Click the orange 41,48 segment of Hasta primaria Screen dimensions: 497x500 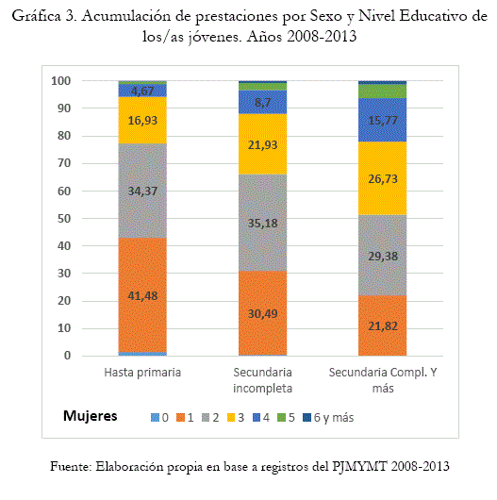(x=142, y=295)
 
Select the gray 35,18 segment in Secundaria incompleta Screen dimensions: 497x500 (x=263, y=223)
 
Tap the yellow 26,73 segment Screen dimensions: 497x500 (x=383, y=178)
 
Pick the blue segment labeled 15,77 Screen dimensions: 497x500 (x=383, y=120)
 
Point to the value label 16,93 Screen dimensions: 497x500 (x=142, y=120)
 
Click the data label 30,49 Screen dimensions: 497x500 (x=263, y=314)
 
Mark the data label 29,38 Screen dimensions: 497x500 (x=383, y=256)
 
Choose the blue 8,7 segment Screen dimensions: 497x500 (x=263, y=102)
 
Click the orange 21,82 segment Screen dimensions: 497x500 (x=383, y=325)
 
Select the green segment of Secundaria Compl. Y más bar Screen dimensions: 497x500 (x=383, y=92)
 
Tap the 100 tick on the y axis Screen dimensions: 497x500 (x=61, y=81)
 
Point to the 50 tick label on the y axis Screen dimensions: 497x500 (x=64, y=219)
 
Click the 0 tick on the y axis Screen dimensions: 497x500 (x=67, y=356)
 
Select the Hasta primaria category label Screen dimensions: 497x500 (x=142, y=372)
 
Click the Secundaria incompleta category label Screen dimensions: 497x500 (x=263, y=380)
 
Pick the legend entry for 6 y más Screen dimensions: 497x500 (x=328, y=417)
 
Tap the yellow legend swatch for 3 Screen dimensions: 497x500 (x=231, y=417)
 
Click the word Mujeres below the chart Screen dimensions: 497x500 (x=91, y=416)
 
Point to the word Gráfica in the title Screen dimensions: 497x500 (x=36, y=17)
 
